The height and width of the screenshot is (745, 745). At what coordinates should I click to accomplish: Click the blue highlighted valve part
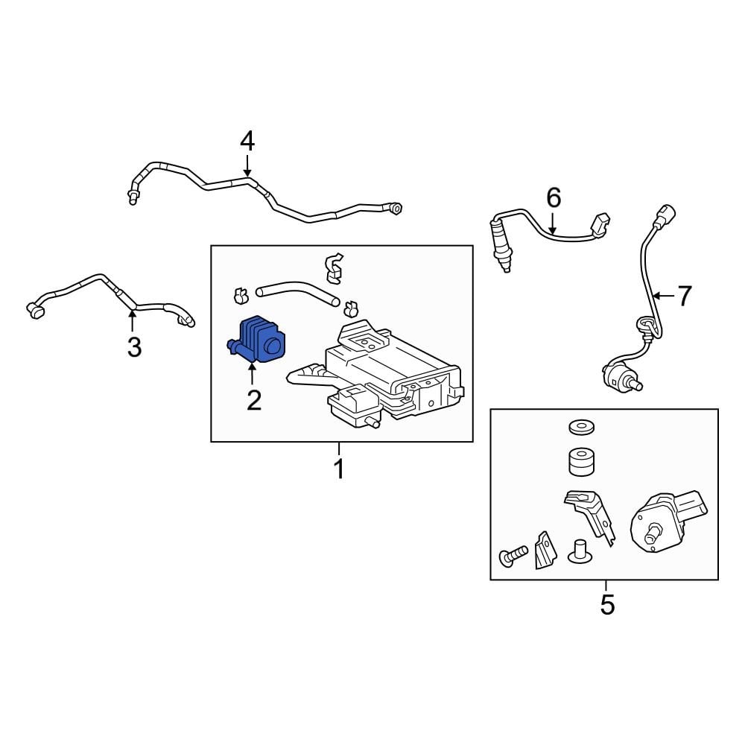[x=257, y=341]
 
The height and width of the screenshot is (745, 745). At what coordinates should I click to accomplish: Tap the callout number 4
[x=247, y=142]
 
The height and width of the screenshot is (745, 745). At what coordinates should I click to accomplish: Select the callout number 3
[x=133, y=347]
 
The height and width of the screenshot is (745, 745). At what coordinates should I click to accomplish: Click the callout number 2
[x=254, y=400]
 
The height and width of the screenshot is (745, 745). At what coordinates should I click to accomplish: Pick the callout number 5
[x=607, y=604]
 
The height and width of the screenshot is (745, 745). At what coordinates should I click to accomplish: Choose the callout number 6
[x=553, y=198]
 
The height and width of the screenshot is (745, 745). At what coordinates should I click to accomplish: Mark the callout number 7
[x=683, y=297]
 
